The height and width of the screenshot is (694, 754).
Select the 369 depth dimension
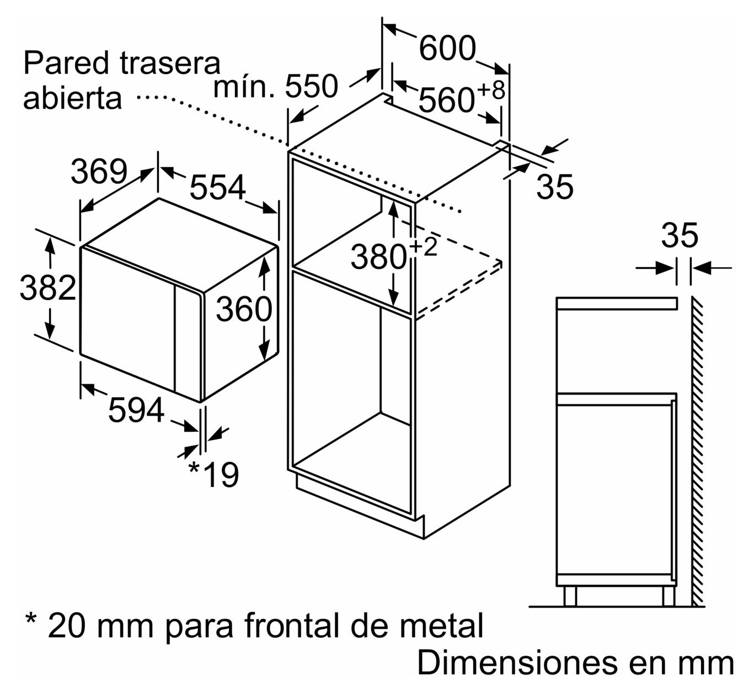pyautogui.click(x=99, y=172)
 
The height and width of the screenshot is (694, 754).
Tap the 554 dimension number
pyautogui.click(x=217, y=187)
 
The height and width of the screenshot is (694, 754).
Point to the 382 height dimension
pyautogui.click(x=48, y=288)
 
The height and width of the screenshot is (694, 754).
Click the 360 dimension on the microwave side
pyautogui.click(x=244, y=309)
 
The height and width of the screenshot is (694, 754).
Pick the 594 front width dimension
pyautogui.click(x=136, y=410)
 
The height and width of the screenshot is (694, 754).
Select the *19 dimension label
pyautogui.click(x=213, y=475)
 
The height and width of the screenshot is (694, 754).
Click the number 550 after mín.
pyautogui.click(x=312, y=87)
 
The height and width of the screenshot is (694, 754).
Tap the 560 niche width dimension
pyautogui.click(x=446, y=100)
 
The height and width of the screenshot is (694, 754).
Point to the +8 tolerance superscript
pyautogui.click(x=491, y=91)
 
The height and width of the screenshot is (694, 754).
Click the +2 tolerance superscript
pyautogui.click(x=424, y=247)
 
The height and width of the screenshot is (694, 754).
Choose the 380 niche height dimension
pyautogui.click(x=379, y=257)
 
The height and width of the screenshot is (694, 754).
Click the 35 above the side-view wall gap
pyautogui.click(x=680, y=236)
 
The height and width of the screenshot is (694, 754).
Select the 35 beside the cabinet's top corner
pyautogui.click(x=555, y=186)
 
